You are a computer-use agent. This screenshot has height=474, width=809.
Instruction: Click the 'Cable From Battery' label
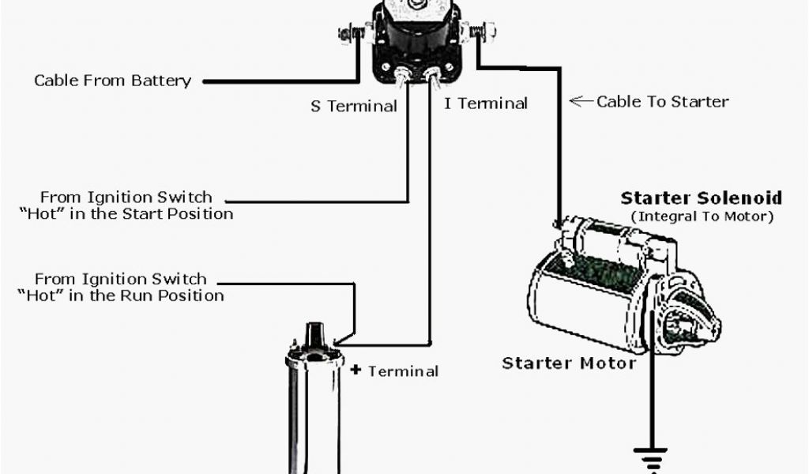click(x=112, y=81)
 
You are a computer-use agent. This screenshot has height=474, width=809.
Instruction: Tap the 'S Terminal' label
click(x=353, y=106)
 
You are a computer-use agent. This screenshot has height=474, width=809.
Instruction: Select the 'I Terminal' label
click(x=485, y=103)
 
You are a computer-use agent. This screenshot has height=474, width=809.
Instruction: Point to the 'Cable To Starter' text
click(x=662, y=101)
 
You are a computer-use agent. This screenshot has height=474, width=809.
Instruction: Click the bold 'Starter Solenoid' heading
click(x=701, y=197)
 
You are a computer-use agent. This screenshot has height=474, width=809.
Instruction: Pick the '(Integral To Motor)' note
click(x=702, y=216)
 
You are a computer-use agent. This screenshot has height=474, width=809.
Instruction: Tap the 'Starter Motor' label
click(x=569, y=363)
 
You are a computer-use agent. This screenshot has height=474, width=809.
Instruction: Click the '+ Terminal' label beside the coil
click(x=394, y=371)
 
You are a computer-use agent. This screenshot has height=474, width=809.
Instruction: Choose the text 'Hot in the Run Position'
click(x=120, y=295)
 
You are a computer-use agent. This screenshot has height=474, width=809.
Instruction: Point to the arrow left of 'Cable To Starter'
click(x=581, y=101)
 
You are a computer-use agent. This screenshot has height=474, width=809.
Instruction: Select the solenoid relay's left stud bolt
click(x=348, y=35)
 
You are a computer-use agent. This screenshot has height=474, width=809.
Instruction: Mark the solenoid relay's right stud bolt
click(x=481, y=32)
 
